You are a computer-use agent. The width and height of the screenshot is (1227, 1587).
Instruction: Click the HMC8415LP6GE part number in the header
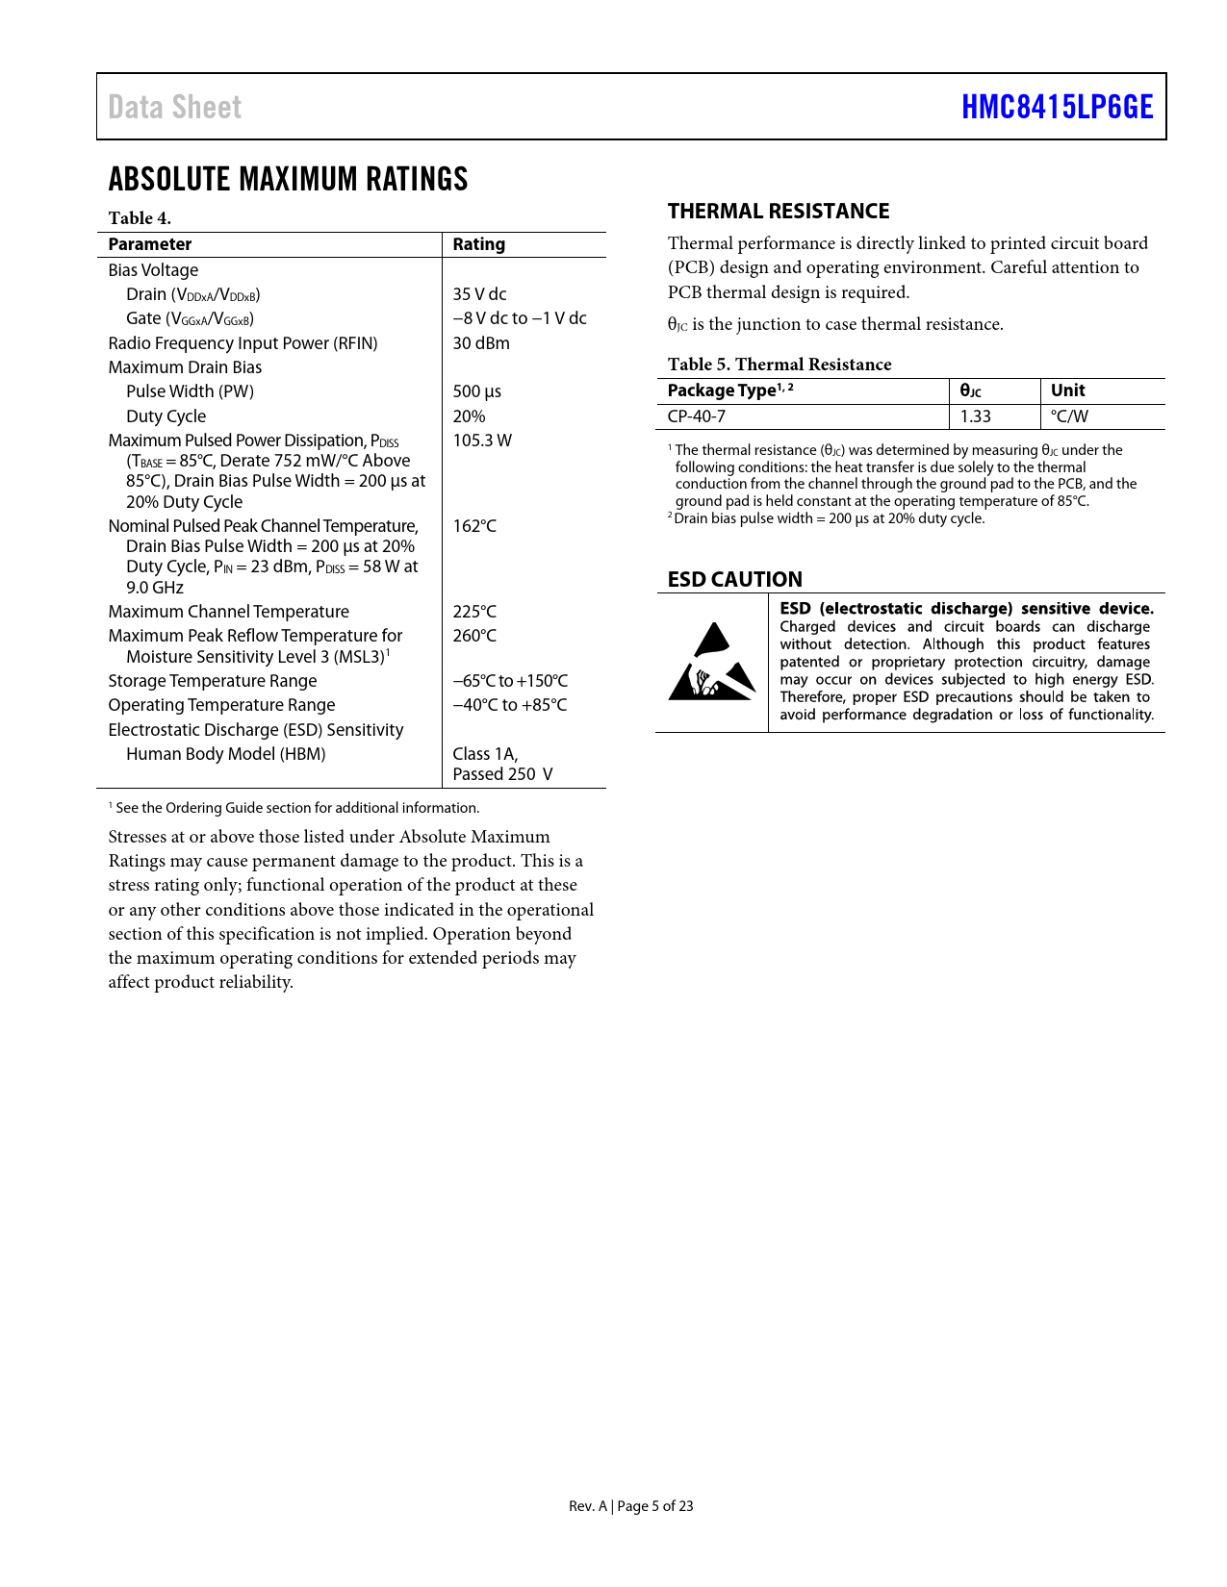tap(1057, 107)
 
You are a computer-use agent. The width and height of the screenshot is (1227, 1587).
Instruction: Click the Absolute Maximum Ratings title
tap(288, 179)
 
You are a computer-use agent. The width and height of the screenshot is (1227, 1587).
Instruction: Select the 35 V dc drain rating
tap(479, 294)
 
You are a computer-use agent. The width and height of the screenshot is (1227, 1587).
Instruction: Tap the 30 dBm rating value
tap(481, 343)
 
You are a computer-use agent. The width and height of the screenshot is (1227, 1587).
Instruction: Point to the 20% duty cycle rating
tap(469, 416)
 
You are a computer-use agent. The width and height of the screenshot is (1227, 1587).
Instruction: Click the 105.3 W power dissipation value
tap(482, 441)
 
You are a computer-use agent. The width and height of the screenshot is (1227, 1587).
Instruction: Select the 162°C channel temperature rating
tap(474, 526)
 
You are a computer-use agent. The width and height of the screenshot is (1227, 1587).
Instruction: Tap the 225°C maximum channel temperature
tap(474, 612)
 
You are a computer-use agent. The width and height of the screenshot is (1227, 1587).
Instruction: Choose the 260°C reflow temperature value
tap(474, 636)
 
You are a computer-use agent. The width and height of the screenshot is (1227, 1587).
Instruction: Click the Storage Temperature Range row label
tap(213, 681)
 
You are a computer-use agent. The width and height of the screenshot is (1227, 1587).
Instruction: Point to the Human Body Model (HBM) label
tap(225, 754)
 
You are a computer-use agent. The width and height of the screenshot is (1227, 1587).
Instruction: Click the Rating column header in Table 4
tap(478, 244)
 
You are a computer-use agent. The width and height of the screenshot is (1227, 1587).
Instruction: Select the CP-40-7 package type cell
tap(697, 416)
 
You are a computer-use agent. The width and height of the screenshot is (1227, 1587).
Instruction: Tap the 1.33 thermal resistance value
tap(976, 416)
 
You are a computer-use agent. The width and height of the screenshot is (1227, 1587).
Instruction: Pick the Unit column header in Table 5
tap(1067, 390)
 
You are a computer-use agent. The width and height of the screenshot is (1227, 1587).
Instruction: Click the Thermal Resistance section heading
tap(779, 212)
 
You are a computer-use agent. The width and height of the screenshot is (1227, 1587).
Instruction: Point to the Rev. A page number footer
tap(630, 1506)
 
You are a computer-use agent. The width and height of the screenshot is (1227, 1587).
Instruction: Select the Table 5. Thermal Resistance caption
tap(780, 365)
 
